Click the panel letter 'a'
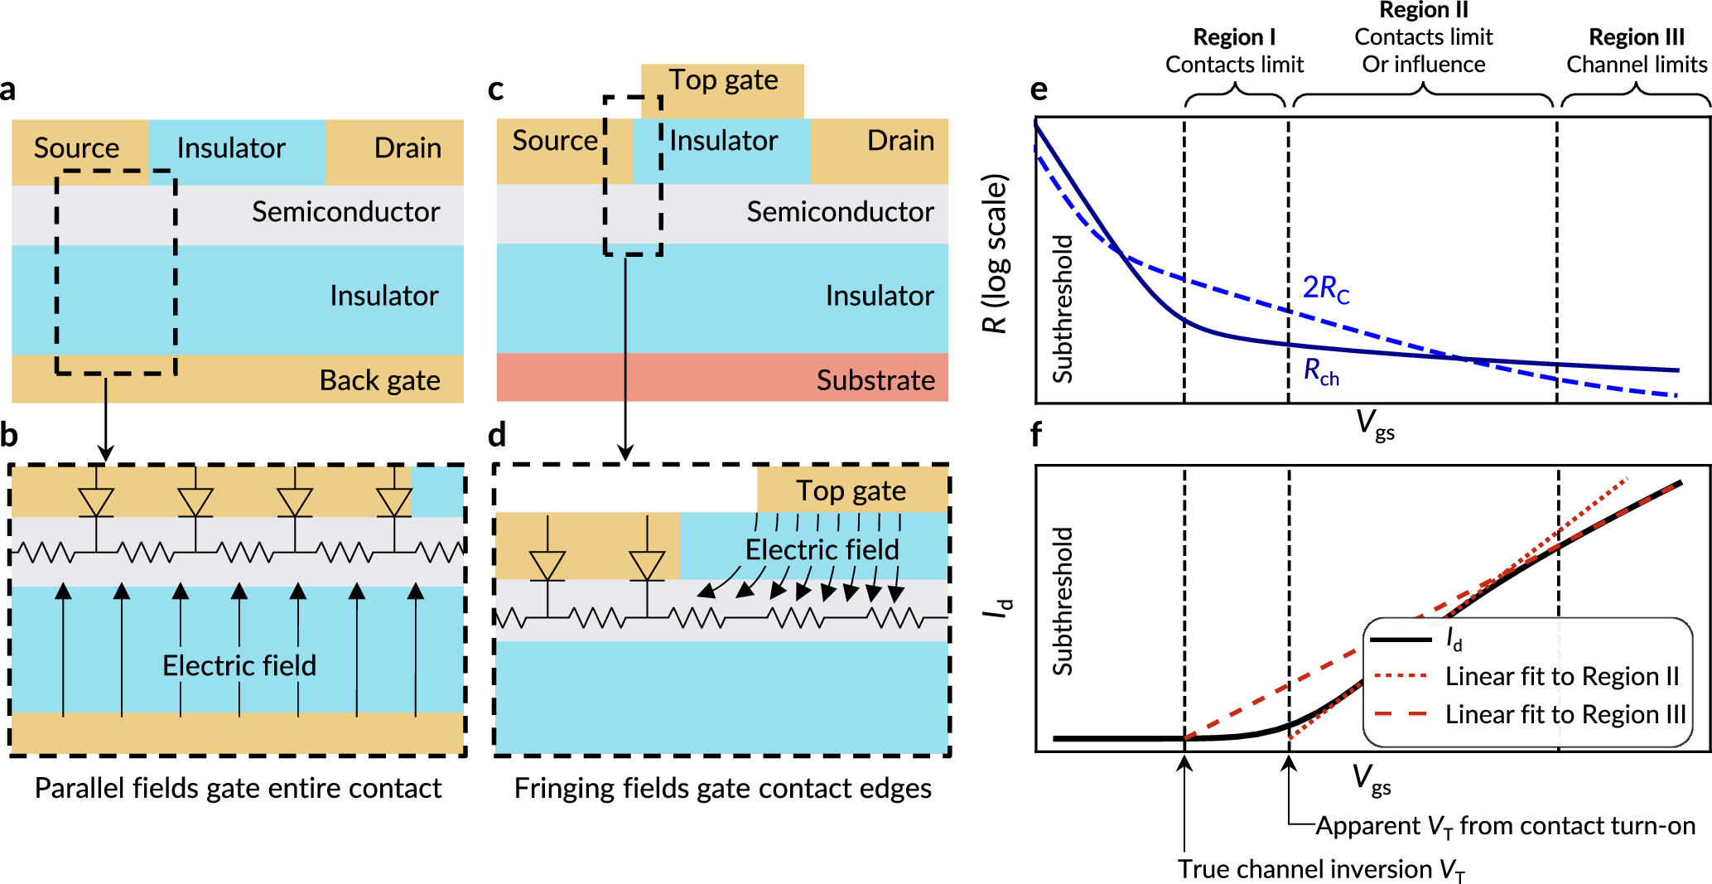click(8, 89)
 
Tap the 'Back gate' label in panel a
click(379, 380)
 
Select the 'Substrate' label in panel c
click(875, 380)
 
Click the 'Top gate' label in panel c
click(723, 80)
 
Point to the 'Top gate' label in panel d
click(851, 491)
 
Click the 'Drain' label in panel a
click(408, 148)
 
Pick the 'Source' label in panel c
click(555, 141)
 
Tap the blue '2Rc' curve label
click(1325, 288)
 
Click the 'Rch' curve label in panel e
click(1321, 372)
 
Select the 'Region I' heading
click(1234, 37)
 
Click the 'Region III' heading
click(1637, 37)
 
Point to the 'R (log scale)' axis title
click(995, 254)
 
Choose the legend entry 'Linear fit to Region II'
click(1562, 677)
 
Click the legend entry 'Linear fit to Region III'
click(1565, 714)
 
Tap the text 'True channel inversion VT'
click(1322, 869)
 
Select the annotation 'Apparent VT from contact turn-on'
click(1505, 826)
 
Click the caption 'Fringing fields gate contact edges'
click(722, 788)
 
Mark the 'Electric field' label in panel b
click(239, 665)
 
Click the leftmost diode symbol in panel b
click(96, 502)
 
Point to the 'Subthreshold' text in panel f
click(1062, 601)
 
